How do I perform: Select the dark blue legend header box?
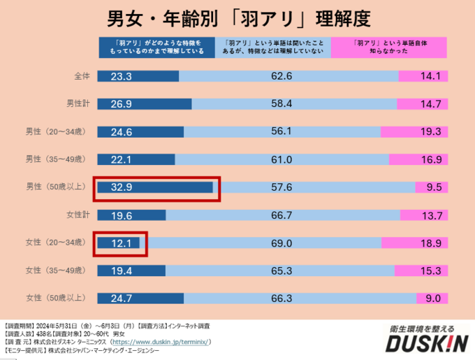[x=156, y=47]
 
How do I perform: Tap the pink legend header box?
[x=388, y=47]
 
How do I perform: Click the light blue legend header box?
[x=272, y=47]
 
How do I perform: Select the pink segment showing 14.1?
[x=423, y=77]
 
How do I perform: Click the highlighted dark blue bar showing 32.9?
[x=155, y=187]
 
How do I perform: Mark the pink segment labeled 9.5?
[x=432, y=187]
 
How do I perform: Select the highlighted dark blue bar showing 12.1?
[x=119, y=243]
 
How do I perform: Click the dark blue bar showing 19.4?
[x=131, y=270]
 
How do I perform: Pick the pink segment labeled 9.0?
[x=432, y=298]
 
